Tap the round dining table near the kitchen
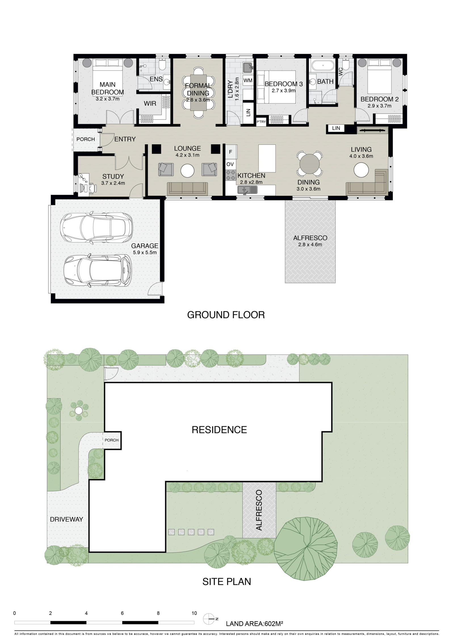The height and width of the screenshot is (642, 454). (310, 163)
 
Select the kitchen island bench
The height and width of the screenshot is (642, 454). (267, 158)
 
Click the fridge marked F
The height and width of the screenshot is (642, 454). (230, 152)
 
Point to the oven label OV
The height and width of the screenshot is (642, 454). (230, 164)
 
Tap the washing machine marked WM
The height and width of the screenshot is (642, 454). (248, 81)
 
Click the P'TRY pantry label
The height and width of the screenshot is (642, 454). (261, 122)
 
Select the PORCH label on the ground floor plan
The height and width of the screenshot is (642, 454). (86, 139)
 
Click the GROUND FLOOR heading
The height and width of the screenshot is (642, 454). (226, 315)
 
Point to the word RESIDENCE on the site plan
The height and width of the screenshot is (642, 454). (219, 430)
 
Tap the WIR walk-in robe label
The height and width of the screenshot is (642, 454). (150, 104)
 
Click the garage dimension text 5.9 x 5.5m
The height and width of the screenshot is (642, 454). (144, 253)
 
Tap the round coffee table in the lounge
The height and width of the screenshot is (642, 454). (188, 171)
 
